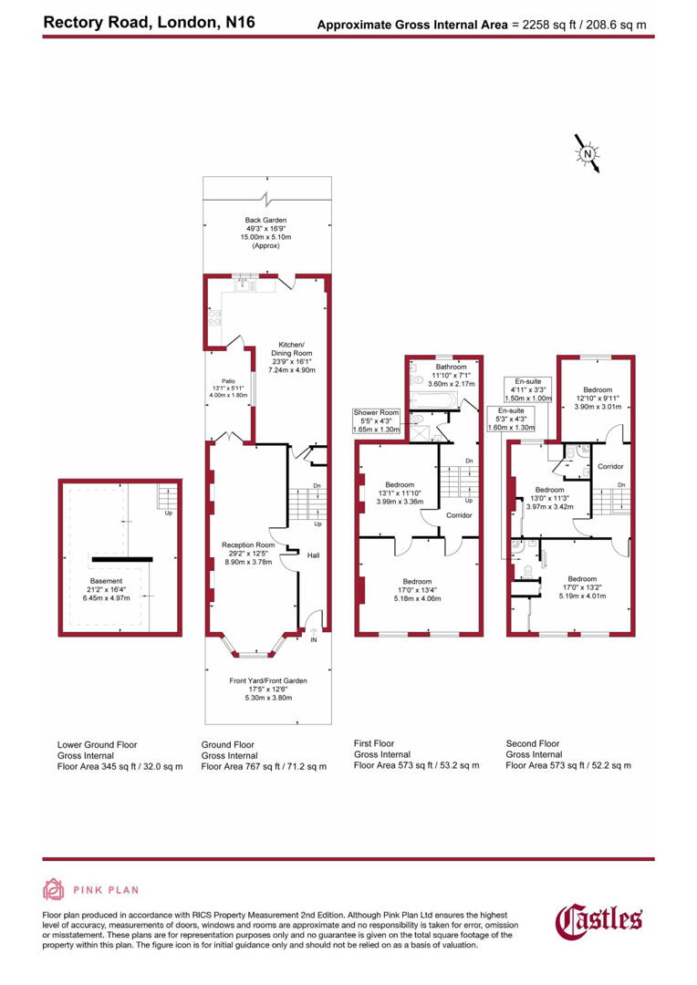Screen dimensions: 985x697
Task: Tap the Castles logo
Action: click(x=599, y=921)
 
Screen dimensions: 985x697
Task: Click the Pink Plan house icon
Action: click(x=54, y=889)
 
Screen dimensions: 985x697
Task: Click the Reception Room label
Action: click(x=247, y=551)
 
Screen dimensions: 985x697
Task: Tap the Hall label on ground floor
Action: click(x=312, y=555)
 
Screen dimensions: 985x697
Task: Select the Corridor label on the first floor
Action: click(x=459, y=515)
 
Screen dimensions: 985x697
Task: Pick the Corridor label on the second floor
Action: click(x=609, y=466)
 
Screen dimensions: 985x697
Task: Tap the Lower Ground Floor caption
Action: click(x=98, y=744)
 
